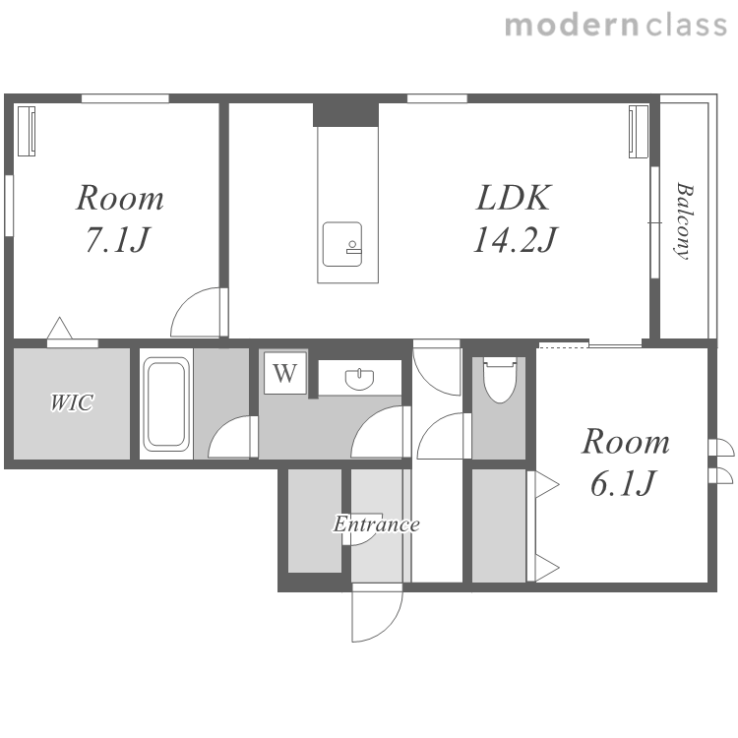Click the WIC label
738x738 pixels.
72,402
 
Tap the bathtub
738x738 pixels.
166,404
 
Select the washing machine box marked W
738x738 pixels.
285,373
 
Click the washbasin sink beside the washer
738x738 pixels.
359,379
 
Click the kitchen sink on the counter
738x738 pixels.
342,244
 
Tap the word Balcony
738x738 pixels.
684,221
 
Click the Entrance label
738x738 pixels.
377,523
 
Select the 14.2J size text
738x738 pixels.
515,239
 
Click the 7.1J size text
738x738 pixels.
118,239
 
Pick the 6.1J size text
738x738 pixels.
623,483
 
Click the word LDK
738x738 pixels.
513,198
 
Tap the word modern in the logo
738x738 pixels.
573,26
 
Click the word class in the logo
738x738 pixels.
687,26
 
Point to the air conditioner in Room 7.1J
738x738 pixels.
27,131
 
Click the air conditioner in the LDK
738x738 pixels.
639,131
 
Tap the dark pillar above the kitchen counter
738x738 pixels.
346,114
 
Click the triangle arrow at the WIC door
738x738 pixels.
60,328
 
